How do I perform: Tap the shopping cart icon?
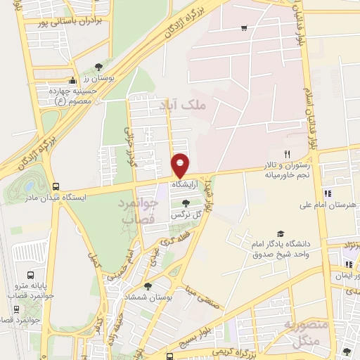[243, 28]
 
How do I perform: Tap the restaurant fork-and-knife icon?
[286, 154]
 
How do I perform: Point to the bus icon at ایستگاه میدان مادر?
[55, 186]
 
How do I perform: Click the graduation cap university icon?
[281, 233]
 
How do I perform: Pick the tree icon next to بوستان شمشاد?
[147, 286]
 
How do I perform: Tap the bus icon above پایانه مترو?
[30, 275]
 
